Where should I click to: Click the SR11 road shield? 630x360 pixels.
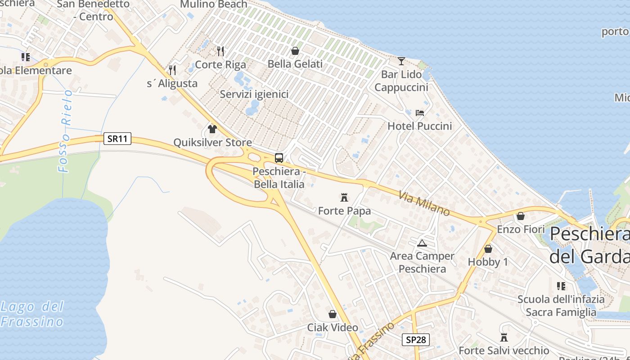point(117,139)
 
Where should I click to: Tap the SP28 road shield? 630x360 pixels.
point(415,340)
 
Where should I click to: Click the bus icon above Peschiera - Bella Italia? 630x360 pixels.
point(279,158)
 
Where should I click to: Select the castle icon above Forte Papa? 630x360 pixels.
point(344,197)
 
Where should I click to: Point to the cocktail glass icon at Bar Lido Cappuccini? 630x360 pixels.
point(401,61)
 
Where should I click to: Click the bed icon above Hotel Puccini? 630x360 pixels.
point(420,112)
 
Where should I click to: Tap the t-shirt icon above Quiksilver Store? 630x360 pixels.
point(212,129)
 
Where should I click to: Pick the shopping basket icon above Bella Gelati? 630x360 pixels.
point(295,51)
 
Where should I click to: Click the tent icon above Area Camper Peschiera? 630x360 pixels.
point(422,243)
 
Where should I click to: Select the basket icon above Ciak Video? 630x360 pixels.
point(333,314)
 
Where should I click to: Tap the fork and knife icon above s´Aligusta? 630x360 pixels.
point(172,70)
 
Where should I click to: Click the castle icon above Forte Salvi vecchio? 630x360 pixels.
point(504,337)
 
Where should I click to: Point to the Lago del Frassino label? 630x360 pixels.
point(32,314)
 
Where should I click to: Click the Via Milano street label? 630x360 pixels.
point(424,203)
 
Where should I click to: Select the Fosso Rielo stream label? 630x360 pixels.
point(66,130)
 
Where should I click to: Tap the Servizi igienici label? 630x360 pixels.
point(254,94)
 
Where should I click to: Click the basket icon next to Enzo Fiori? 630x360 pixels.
point(521,216)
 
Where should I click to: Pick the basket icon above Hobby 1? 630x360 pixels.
point(488,249)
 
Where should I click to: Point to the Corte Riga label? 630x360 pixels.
point(220,64)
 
